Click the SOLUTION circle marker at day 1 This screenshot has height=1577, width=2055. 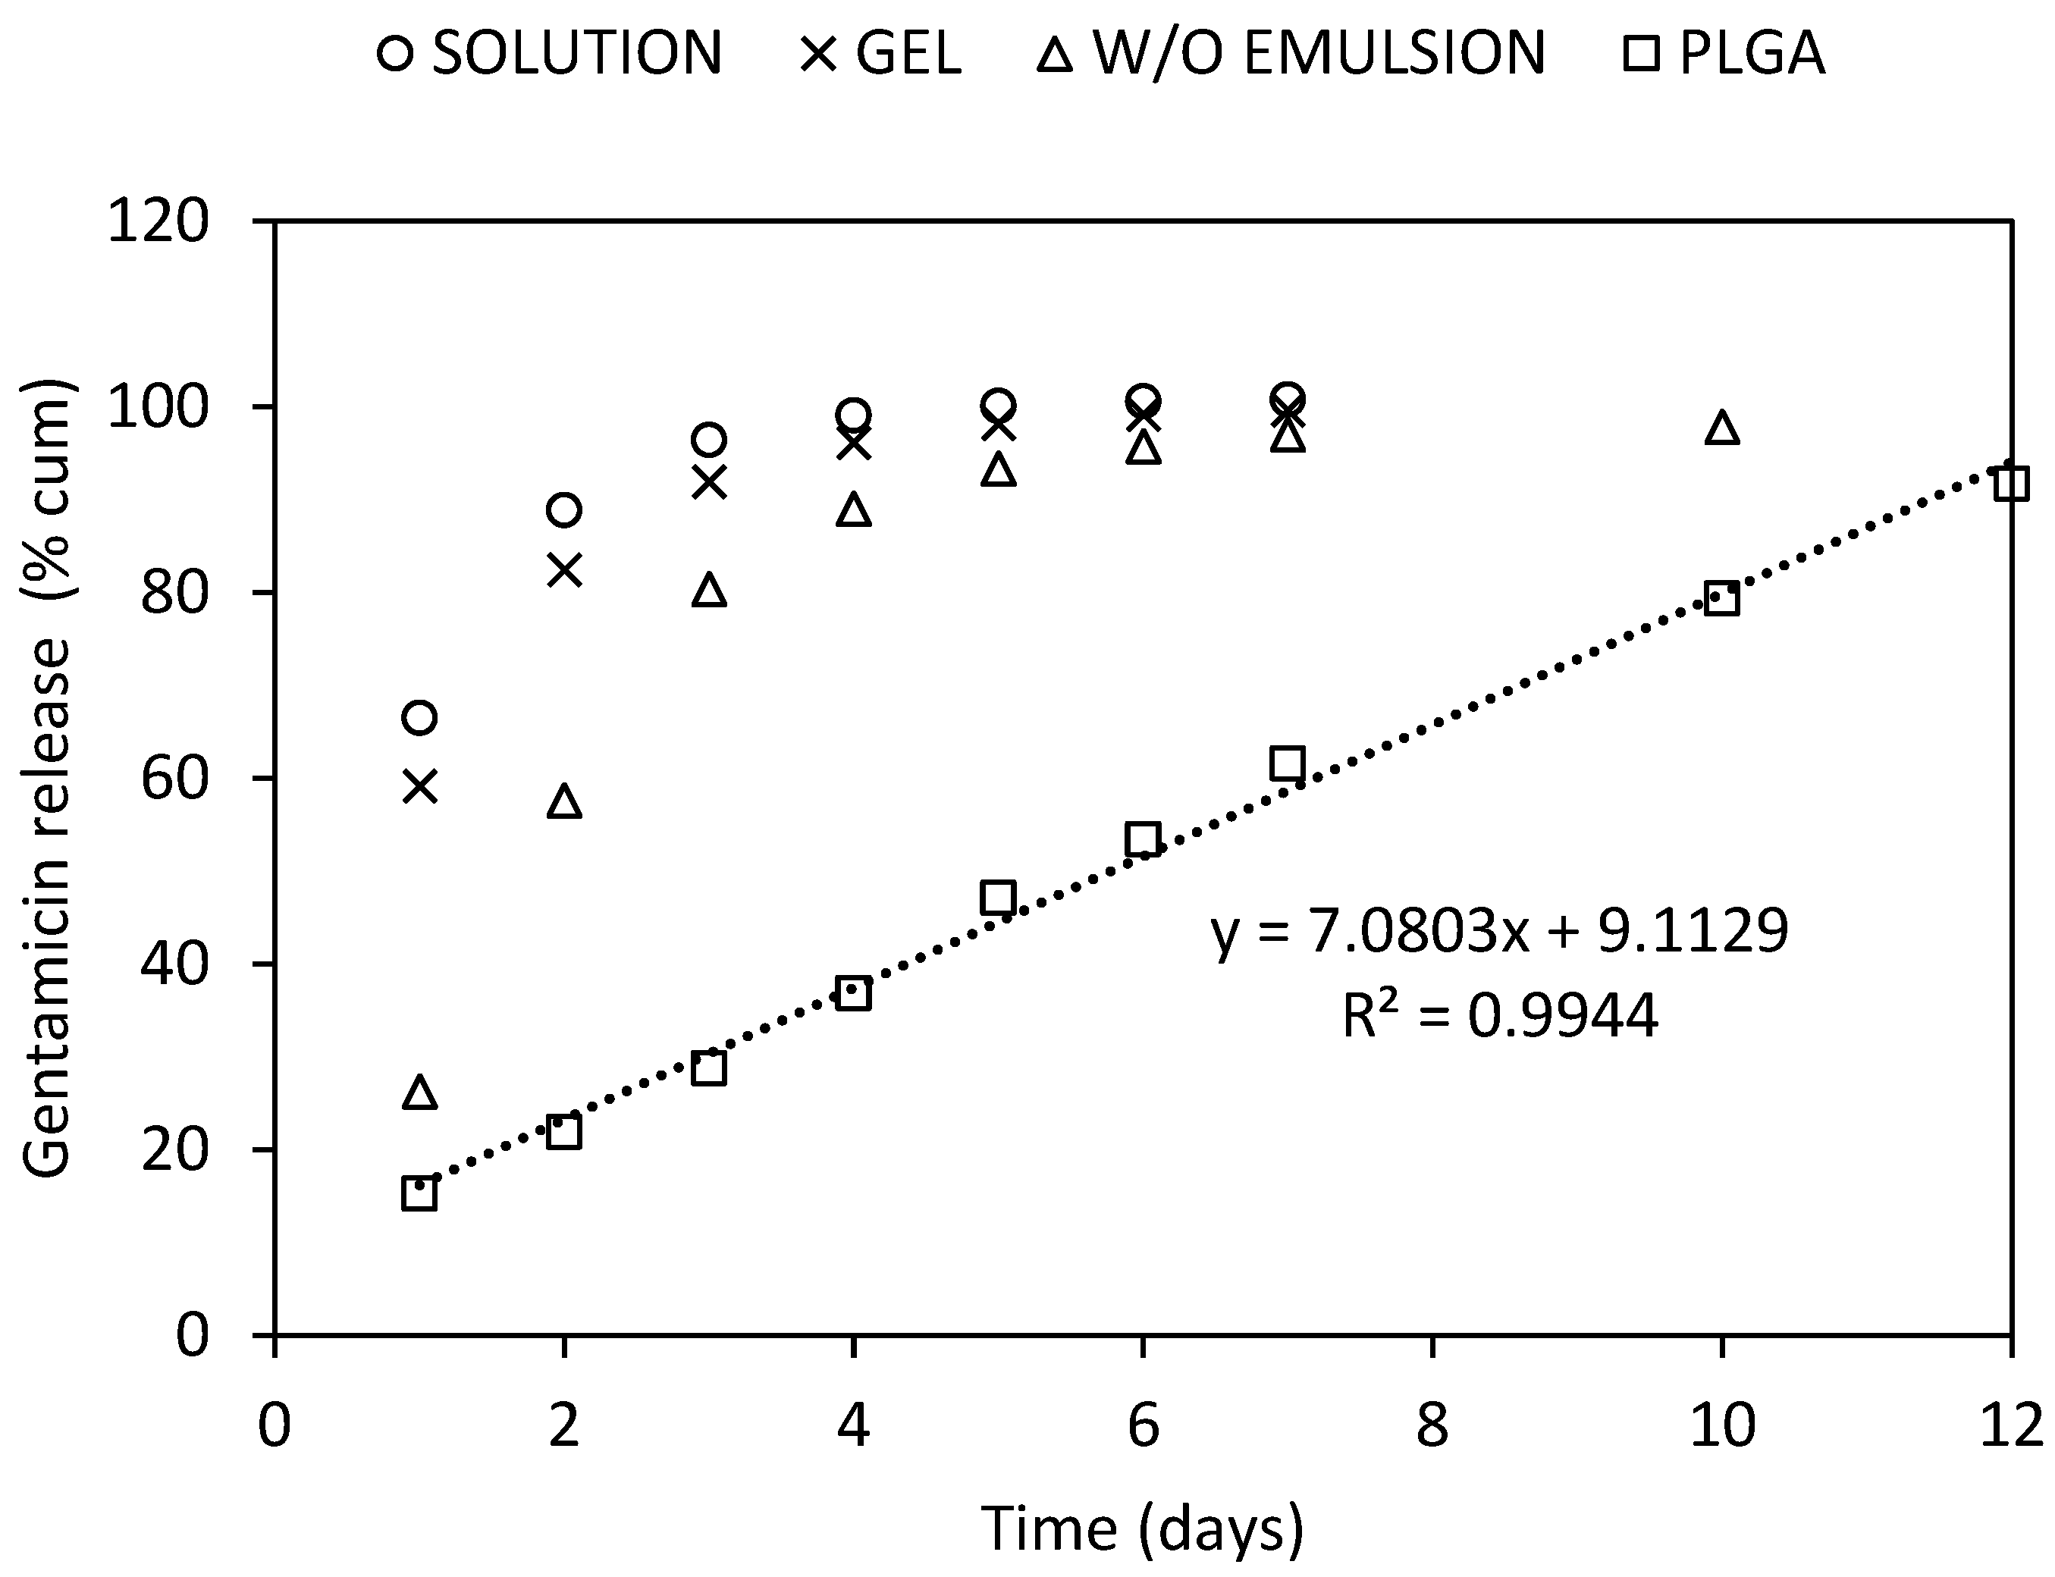point(419,718)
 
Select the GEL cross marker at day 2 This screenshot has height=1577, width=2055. point(563,570)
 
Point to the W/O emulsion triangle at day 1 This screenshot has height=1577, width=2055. point(419,1093)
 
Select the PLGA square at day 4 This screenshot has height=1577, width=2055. point(852,993)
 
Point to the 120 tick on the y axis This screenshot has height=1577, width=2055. point(158,224)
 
